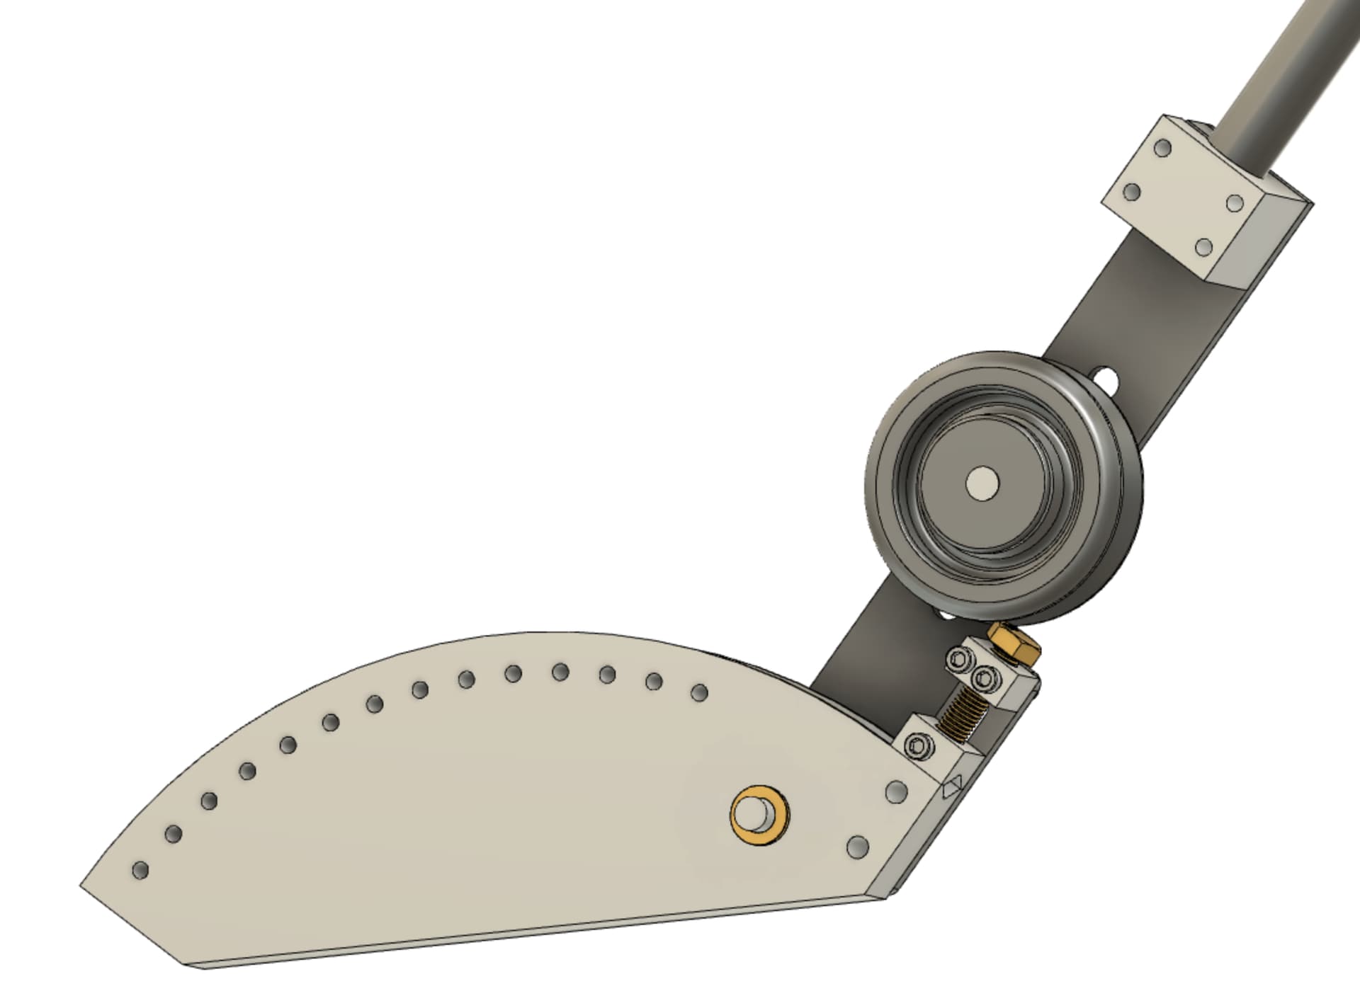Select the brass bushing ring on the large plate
coord(759,815)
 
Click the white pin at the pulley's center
coord(982,483)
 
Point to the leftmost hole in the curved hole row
coord(141,870)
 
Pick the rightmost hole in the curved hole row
coord(699,692)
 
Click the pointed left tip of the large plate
coord(84,886)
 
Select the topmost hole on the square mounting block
coord(1163,149)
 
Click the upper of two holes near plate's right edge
coord(896,791)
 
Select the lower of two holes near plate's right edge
coord(858,846)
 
